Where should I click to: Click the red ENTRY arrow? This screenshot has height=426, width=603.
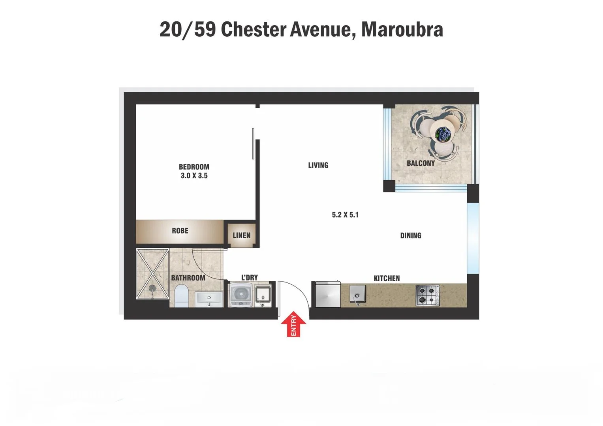(x=293, y=324)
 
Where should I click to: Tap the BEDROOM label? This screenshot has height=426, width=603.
(x=194, y=167)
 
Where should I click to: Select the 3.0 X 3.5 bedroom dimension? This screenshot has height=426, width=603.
(x=194, y=176)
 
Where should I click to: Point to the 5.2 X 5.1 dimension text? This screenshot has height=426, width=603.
(x=345, y=215)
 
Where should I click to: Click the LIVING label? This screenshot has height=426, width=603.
(x=318, y=165)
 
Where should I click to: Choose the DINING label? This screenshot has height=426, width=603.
(x=411, y=235)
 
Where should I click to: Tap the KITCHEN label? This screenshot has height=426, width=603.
(x=387, y=278)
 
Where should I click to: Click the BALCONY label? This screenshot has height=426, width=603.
(x=421, y=163)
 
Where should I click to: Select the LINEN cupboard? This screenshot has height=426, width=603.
(x=241, y=235)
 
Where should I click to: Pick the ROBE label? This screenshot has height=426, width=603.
(x=180, y=231)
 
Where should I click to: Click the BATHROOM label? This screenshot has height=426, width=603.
(x=188, y=278)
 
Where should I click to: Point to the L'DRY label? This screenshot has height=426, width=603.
(x=249, y=278)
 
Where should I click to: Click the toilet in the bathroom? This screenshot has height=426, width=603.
(x=182, y=295)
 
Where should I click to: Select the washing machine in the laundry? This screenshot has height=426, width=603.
(x=240, y=295)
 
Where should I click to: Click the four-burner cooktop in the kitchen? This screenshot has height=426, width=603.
(x=427, y=295)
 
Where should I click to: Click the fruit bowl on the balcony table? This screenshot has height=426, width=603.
(x=443, y=133)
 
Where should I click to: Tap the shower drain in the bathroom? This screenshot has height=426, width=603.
(x=152, y=288)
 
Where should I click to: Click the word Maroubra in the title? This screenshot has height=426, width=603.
(x=402, y=29)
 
